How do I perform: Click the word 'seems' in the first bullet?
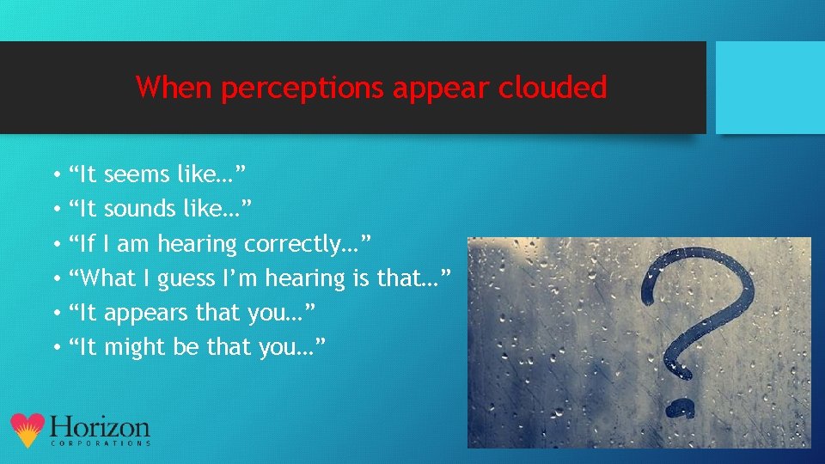137,175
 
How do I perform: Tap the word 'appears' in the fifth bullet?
147,313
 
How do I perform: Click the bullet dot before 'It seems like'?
54,176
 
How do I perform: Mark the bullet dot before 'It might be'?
54,348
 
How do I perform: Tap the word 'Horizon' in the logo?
100,427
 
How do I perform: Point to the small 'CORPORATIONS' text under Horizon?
101,443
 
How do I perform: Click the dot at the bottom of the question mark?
681,406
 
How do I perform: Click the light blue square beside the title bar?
770,88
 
